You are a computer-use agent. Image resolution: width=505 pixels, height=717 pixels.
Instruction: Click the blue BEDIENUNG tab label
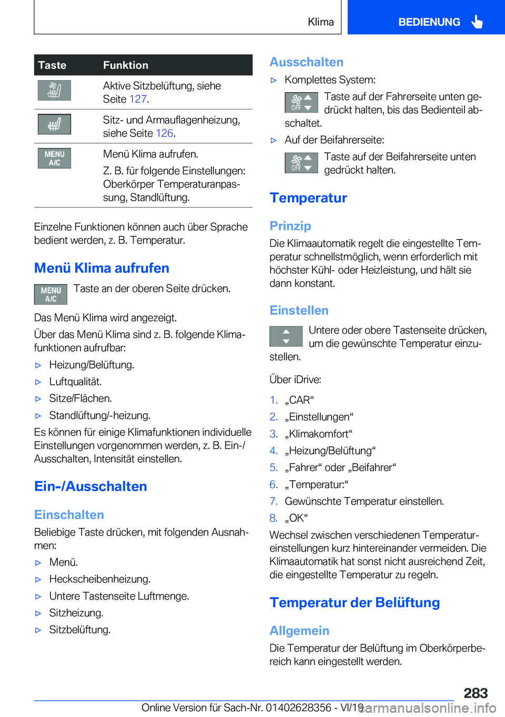click(x=429, y=22)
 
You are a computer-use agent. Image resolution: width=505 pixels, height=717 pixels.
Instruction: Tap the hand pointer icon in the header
click(x=477, y=22)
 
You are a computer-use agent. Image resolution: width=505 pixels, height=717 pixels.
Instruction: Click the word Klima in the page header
click(x=320, y=22)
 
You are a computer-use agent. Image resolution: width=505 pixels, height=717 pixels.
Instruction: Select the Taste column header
click(x=52, y=65)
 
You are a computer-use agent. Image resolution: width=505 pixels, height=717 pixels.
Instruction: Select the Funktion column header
click(x=126, y=65)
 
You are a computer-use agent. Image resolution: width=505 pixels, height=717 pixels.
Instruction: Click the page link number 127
click(x=138, y=99)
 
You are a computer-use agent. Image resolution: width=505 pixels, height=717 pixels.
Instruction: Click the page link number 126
click(x=164, y=133)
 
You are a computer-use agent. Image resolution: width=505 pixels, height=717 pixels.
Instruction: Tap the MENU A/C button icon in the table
click(x=54, y=158)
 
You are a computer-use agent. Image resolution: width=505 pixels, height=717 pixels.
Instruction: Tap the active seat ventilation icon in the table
click(x=54, y=90)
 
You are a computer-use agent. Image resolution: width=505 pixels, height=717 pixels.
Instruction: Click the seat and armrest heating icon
click(x=54, y=124)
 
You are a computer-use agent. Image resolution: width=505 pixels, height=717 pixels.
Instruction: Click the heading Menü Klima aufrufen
click(x=102, y=268)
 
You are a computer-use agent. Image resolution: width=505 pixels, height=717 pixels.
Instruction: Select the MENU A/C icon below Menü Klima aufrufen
click(x=50, y=294)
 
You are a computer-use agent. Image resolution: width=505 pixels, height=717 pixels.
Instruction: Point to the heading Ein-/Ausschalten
click(x=90, y=486)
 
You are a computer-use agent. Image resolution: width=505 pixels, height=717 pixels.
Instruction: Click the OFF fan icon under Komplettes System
click(x=301, y=102)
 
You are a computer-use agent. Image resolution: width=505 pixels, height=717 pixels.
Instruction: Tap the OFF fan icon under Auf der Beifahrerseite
click(x=301, y=162)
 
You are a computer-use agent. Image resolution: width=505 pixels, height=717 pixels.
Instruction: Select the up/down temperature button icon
click(x=286, y=336)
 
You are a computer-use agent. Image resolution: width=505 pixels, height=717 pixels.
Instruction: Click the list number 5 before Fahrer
click(x=274, y=467)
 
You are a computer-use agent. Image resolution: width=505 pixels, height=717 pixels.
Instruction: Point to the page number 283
click(x=476, y=693)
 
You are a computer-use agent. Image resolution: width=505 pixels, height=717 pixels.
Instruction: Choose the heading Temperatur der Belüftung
click(x=355, y=603)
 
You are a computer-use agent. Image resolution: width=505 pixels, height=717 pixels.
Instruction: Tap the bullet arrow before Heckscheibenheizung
click(x=38, y=580)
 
